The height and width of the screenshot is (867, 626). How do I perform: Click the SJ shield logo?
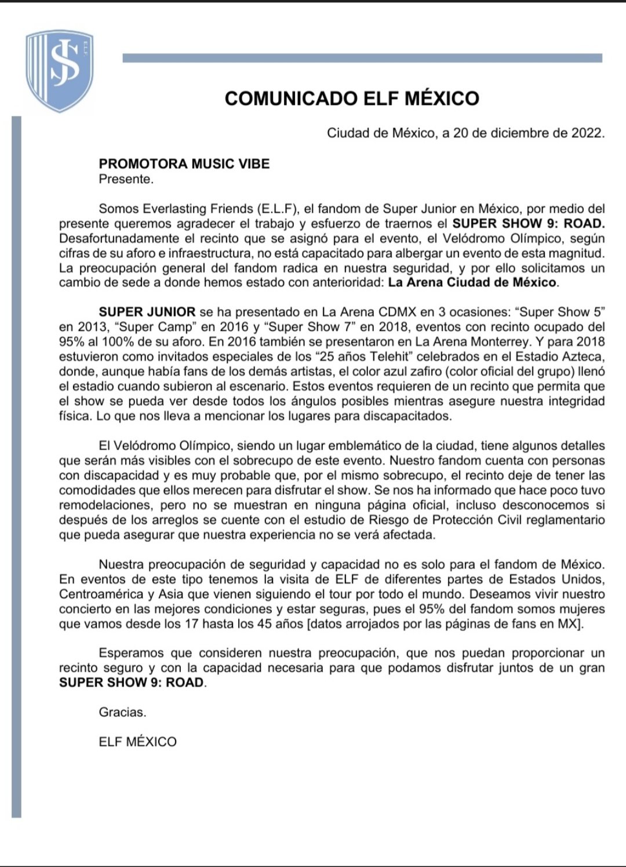coord(59,71)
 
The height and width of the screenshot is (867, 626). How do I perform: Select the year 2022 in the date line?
coord(587,133)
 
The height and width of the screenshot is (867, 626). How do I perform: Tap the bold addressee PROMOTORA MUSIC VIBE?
coord(184,163)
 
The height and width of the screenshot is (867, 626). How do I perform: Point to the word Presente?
coord(126,179)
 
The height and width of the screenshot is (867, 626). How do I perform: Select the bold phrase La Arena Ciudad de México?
coord(472,283)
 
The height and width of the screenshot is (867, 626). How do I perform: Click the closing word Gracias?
coord(122,712)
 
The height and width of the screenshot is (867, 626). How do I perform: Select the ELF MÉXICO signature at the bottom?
coord(137,742)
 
